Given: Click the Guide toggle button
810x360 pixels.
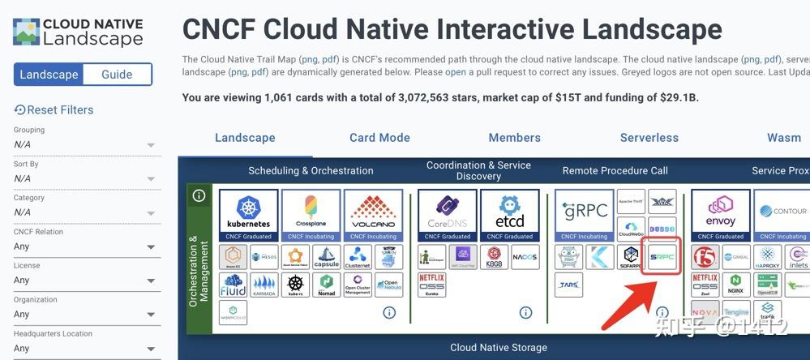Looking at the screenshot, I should click(x=117, y=75).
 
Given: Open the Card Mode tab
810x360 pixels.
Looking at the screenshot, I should click(x=379, y=138).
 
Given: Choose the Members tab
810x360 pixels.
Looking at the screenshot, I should click(x=514, y=138).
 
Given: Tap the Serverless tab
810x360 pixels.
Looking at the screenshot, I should click(x=649, y=138).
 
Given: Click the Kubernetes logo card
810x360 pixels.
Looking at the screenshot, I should click(x=249, y=215).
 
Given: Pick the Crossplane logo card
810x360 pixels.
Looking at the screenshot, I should click(x=311, y=215).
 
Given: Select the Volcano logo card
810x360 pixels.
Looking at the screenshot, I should click(x=373, y=215).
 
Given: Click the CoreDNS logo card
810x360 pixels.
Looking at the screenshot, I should click(x=448, y=215).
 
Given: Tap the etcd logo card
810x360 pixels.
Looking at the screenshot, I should click(x=509, y=215).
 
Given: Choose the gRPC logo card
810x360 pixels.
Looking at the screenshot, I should click(x=585, y=215).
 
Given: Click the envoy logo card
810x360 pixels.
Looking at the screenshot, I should click(x=721, y=215).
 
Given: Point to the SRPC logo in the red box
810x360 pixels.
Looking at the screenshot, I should click(x=662, y=257).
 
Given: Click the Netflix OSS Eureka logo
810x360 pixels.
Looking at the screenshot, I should click(x=432, y=285).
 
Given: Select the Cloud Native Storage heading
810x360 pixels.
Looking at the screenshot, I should click(x=498, y=348).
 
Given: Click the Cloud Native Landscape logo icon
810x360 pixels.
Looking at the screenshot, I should click(x=26, y=32).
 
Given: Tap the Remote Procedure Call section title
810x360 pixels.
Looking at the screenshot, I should click(x=615, y=170).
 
